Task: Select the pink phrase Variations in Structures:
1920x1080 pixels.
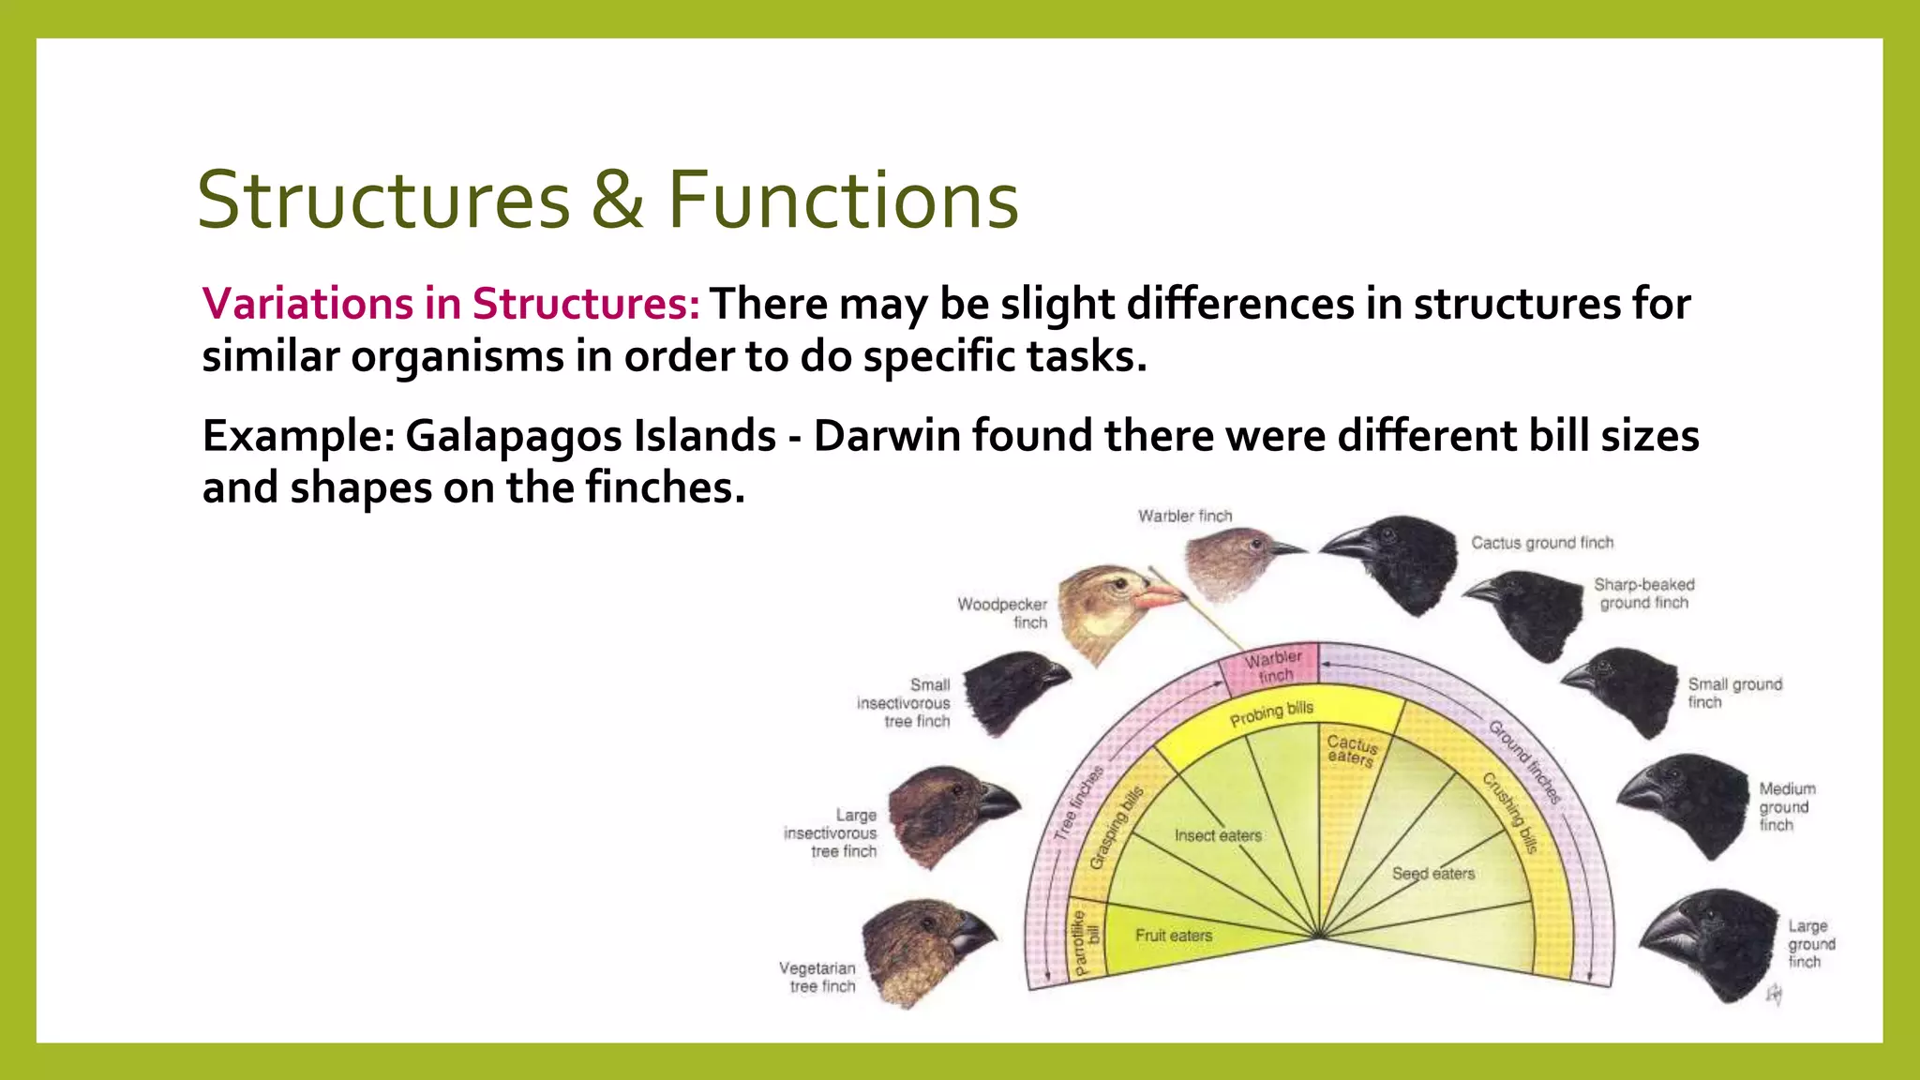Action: click(451, 304)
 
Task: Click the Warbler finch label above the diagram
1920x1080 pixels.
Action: click(1185, 516)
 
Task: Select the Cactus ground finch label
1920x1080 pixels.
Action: click(1542, 543)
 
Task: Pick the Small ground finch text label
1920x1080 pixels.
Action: click(1733, 693)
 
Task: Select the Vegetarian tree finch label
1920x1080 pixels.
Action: click(818, 977)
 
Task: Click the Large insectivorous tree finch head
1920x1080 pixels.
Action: click(947, 812)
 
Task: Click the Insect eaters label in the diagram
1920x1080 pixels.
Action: click(1218, 835)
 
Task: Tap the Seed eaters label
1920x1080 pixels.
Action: click(1432, 874)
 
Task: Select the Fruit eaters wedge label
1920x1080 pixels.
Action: click(1173, 936)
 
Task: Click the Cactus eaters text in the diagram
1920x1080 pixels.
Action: click(1351, 750)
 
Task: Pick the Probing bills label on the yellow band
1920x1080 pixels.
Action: click(1271, 713)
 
